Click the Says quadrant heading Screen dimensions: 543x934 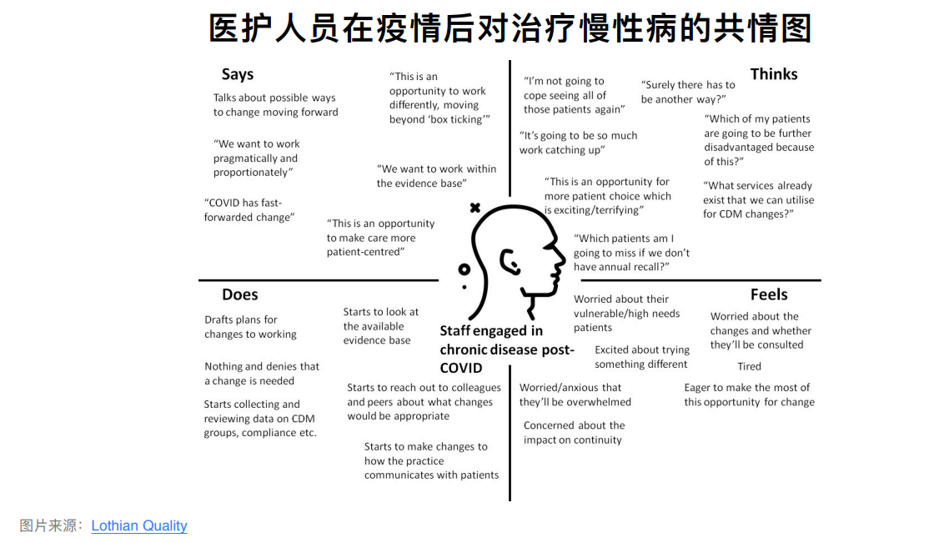(x=238, y=74)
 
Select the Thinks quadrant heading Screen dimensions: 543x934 (x=774, y=74)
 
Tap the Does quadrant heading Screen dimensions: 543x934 (x=240, y=294)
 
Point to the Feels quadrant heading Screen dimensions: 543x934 (x=769, y=294)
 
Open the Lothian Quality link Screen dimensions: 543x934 (x=139, y=525)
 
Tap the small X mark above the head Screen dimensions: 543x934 (x=475, y=208)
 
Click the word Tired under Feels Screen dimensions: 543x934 (x=749, y=366)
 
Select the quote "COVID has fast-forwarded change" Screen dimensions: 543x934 (x=249, y=210)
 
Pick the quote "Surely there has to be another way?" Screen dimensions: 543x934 (x=688, y=92)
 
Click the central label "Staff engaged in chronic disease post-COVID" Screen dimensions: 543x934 (x=506, y=349)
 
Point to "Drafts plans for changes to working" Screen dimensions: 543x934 (x=250, y=327)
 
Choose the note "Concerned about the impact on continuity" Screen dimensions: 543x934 (x=574, y=433)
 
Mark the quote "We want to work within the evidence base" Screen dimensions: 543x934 (x=436, y=176)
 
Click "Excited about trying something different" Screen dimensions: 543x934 (x=641, y=357)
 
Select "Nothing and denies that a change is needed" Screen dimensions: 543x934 (x=262, y=374)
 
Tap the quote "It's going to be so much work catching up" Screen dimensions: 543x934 (x=578, y=143)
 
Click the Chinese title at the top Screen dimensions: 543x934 (x=510, y=28)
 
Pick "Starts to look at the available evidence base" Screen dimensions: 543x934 (x=380, y=326)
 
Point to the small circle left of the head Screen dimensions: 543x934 (x=464, y=269)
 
